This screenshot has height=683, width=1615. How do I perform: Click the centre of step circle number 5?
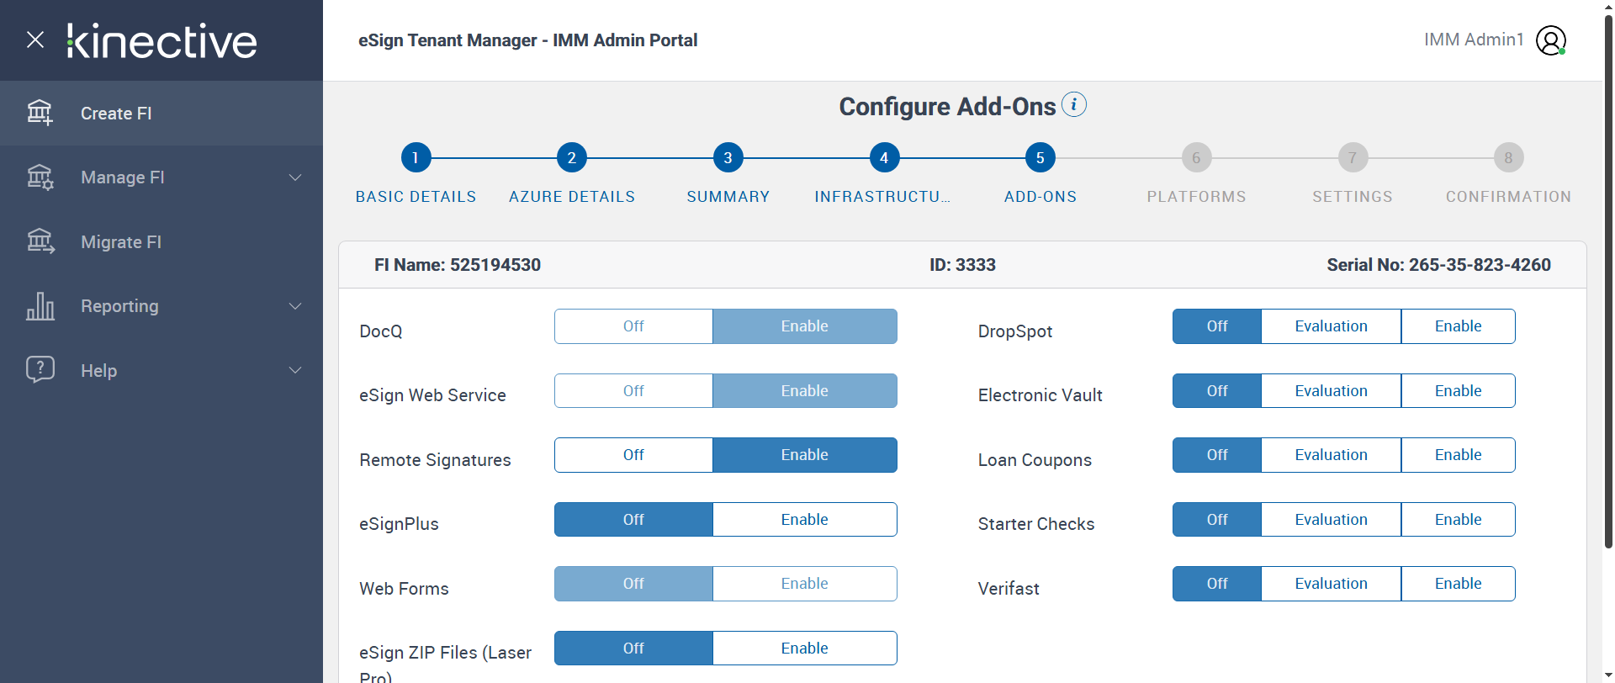click(1040, 157)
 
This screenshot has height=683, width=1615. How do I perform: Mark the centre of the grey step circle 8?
click(1508, 157)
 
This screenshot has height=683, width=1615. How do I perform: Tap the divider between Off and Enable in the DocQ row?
click(712, 326)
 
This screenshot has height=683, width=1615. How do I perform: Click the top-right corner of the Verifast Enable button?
click(1515, 567)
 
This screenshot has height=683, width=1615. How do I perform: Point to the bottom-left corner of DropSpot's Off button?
click(1173, 343)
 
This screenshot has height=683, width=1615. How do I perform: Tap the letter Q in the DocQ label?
click(395, 331)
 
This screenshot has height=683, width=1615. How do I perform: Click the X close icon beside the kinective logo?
click(35, 40)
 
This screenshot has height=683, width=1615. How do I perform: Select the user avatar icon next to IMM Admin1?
click(1550, 40)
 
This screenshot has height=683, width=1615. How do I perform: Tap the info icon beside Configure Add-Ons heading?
click(1074, 104)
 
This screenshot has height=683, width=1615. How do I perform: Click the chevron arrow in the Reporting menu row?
click(295, 306)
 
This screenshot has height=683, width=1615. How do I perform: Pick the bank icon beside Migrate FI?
click(40, 241)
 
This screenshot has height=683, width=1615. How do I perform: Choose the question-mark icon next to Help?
click(40, 369)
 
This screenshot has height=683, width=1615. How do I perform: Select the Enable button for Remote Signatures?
click(805, 455)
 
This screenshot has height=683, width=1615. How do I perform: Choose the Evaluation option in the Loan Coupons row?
click(1331, 455)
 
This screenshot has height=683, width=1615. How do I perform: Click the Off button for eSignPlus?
click(633, 520)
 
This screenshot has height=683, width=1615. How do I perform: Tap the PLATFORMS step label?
click(1196, 197)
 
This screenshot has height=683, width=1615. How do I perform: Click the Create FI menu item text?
click(116, 114)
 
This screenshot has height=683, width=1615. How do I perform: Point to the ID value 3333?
click(976, 265)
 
